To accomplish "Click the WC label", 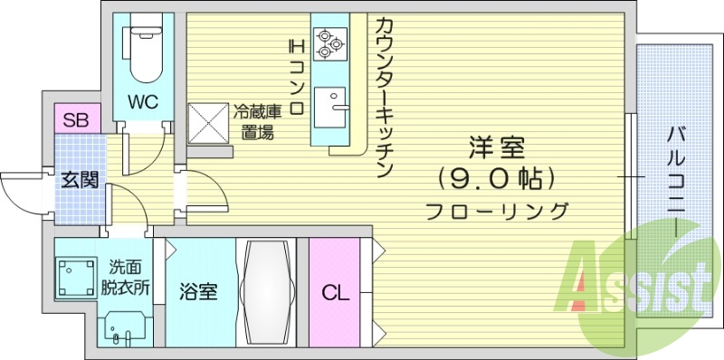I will [x=143, y=101].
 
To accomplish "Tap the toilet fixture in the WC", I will [x=143, y=50].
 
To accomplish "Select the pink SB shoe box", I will [x=75, y=118].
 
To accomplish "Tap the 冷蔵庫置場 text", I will [x=257, y=122].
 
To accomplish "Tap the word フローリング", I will [x=498, y=212].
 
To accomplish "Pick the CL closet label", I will [x=335, y=292].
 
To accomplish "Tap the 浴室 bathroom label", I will [x=197, y=292].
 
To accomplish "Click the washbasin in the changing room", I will [x=120, y=326].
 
